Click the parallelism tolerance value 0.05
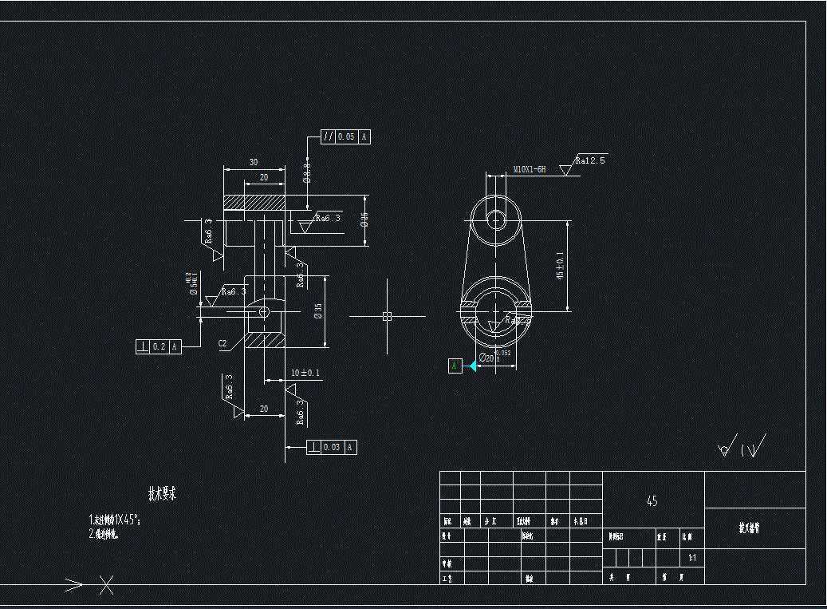tap(346, 136)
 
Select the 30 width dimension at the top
tap(254, 162)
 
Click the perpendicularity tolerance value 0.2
tap(159, 346)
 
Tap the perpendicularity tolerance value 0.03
tap(332, 447)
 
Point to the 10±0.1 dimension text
tap(305, 373)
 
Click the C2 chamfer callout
tap(223, 343)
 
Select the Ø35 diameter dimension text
tap(318, 311)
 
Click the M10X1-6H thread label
tap(530, 169)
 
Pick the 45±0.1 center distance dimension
tap(560, 266)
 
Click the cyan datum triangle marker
tap(471, 366)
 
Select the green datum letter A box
tap(455, 366)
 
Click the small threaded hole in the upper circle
tap(495, 219)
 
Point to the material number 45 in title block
tap(652, 501)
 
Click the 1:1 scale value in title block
tap(691, 558)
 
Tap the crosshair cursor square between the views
tap(387, 316)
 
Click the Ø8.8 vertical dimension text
tap(307, 173)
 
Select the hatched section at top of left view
tap(254, 203)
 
